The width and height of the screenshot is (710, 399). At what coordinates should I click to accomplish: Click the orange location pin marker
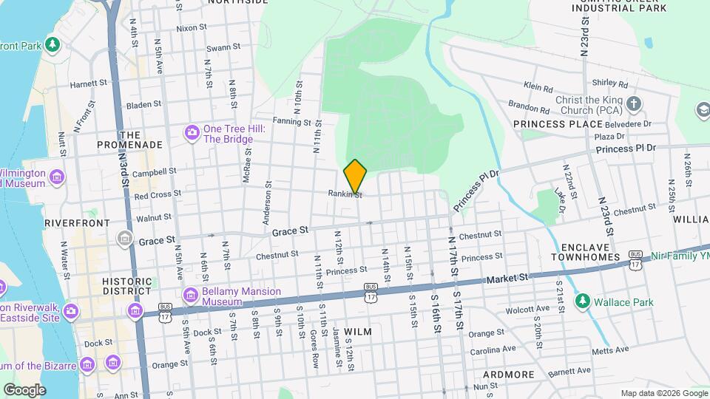(x=355, y=176)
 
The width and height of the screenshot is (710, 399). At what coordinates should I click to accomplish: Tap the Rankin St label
(x=345, y=194)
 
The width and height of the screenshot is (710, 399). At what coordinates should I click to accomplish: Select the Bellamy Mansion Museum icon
(x=192, y=296)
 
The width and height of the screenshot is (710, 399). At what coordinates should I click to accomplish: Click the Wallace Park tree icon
(x=583, y=301)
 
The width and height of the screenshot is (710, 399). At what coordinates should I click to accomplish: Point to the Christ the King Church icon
(x=633, y=105)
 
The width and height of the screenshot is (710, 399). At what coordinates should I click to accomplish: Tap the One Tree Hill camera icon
(x=192, y=133)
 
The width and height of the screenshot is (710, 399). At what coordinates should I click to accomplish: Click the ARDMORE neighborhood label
(x=509, y=375)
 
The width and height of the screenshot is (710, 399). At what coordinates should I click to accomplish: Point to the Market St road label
(x=508, y=278)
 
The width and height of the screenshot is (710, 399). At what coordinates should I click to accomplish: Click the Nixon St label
(x=191, y=28)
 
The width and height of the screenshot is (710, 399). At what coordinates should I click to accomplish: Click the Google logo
(x=24, y=389)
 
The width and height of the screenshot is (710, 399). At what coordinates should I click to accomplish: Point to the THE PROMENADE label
(x=130, y=140)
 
